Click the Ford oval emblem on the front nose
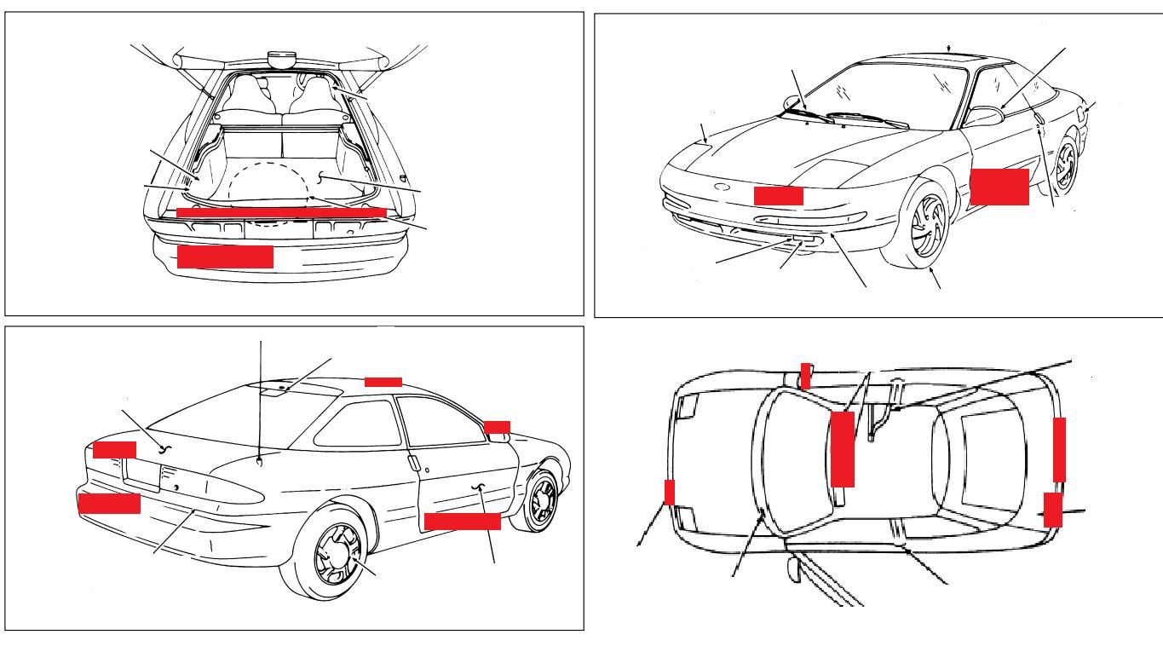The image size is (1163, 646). pyautogui.click(x=723, y=187)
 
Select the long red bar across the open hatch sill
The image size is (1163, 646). pyautogui.click(x=281, y=211)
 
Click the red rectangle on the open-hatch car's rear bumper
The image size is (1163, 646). pyautogui.click(x=225, y=257)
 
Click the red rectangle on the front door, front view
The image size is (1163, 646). pyautogui.click(x=999, y=186)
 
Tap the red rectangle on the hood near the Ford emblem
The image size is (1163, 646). pyautogui.click(x=778, y=195)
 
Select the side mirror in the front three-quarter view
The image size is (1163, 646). pyautogui.click(x=984, y=117)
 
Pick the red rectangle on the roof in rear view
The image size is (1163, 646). pyautogui.click(x=383, y=381)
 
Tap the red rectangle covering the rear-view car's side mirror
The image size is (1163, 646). pyautogui.click(x=497, y=426)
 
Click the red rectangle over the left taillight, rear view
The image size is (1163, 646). pyautogui.click(x=114, y=449)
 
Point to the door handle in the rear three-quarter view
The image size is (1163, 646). pyautogui.click(x=412, y=464)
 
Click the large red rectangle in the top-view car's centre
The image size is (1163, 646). pyautogui.click(x=842, y=448)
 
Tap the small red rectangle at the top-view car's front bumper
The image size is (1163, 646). pyautogui.click(x=669, y=492)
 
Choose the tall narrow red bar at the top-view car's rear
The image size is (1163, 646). pyautogui.click(x=1059, y=450)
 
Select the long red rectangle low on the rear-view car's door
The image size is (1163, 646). pyautogui.click(x=462, y=521)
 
